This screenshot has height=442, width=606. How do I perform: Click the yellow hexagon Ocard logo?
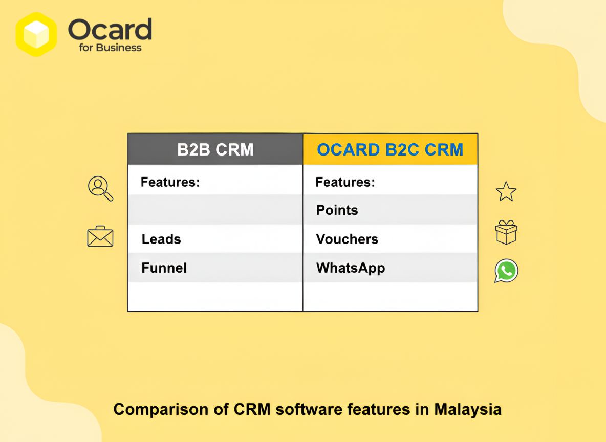point(36,34)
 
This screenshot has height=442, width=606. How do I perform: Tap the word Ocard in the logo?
point(110,30)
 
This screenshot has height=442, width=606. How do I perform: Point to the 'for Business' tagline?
point(110,48)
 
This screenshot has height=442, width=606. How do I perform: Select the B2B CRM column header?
point(215,149)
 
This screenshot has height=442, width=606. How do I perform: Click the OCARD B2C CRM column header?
point(390,149)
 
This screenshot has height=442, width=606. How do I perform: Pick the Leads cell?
point(161,239)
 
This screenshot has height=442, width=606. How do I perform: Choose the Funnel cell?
point(164,268)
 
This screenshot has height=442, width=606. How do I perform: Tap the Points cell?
point(337,210)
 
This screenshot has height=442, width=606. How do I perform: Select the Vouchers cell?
point(347,239)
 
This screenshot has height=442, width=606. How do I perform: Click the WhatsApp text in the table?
point(350,268)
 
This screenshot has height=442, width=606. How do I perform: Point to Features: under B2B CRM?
point(170,182)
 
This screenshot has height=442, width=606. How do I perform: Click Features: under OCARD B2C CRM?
point(345,182)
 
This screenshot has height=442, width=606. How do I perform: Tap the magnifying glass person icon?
point(100,188)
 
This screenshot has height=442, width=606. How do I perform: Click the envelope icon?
point(100,236)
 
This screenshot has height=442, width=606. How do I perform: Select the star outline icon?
point(506,191)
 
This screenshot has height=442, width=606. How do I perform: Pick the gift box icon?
point(506,232)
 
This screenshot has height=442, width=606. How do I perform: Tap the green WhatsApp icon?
point(506,271)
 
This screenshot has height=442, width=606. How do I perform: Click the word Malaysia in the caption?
point(468,409)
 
